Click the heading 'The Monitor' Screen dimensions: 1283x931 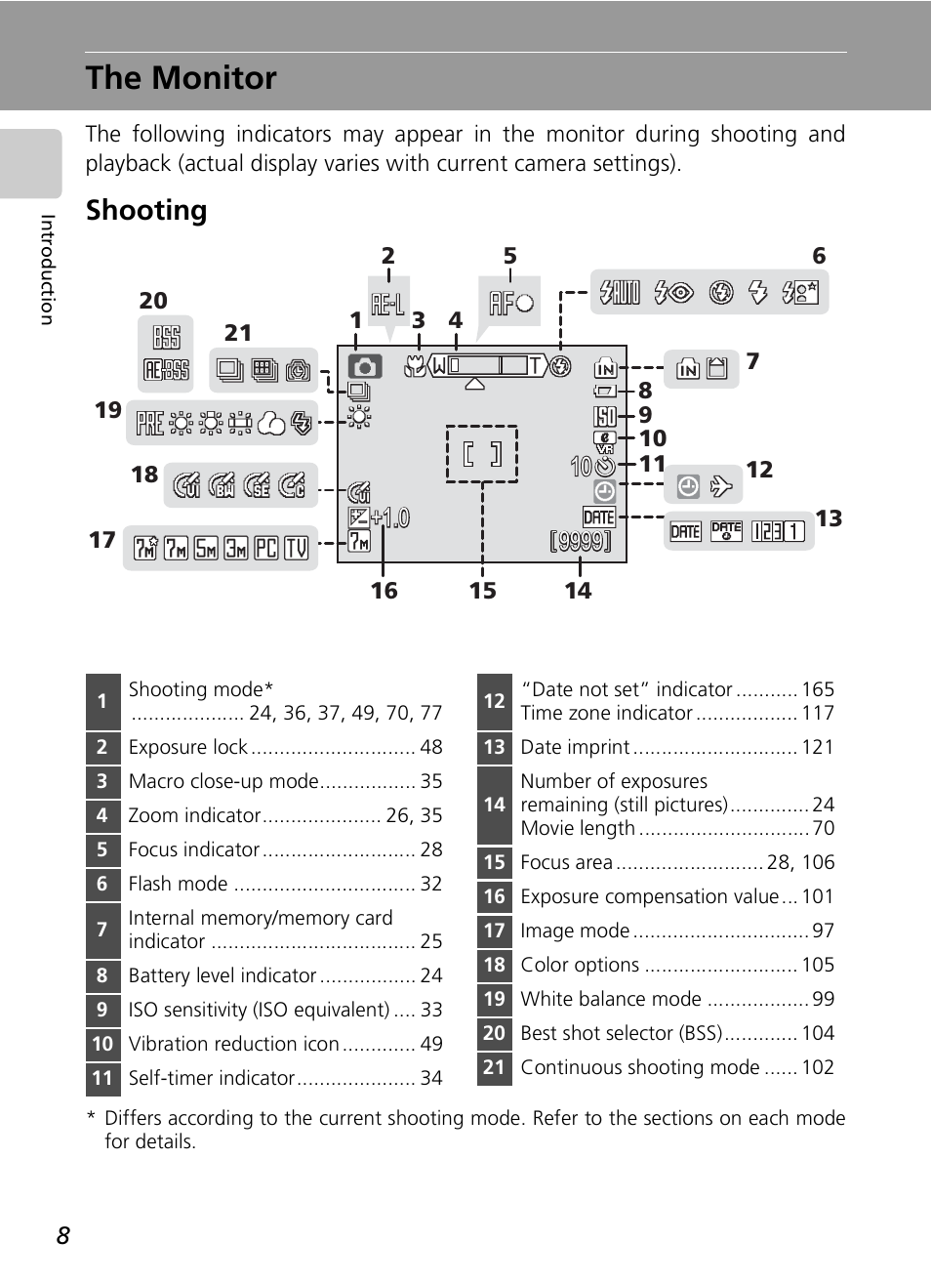pos(182,78)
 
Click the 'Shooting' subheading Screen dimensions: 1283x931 pos(146,211)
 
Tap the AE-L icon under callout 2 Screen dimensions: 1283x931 pos(387,305)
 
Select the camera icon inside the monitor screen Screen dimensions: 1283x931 pos(364,367)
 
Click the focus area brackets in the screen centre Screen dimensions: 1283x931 pos(482,454)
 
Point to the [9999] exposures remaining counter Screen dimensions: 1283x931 pos(581,540)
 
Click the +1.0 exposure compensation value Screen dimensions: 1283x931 pos(390,517)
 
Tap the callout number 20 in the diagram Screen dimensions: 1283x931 pos(153,301)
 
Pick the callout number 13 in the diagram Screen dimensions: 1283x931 pos(829,518)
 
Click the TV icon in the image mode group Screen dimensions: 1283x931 pos(297,549)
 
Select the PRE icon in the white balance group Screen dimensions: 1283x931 pos(150,423)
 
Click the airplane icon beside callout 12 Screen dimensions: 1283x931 pos(721,486)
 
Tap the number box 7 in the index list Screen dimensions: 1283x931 pos(102,930)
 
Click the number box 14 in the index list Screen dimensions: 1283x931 pos(495,805)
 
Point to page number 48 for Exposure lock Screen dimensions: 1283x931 pos(431,747)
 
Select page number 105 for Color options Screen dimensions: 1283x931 pos(818,965)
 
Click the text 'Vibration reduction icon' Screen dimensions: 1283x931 pos(234,1044)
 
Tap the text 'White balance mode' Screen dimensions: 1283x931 pos(611,999)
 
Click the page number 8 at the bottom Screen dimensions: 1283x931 pos(63,1236)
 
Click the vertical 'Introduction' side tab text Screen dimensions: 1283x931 pos(47,269)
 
